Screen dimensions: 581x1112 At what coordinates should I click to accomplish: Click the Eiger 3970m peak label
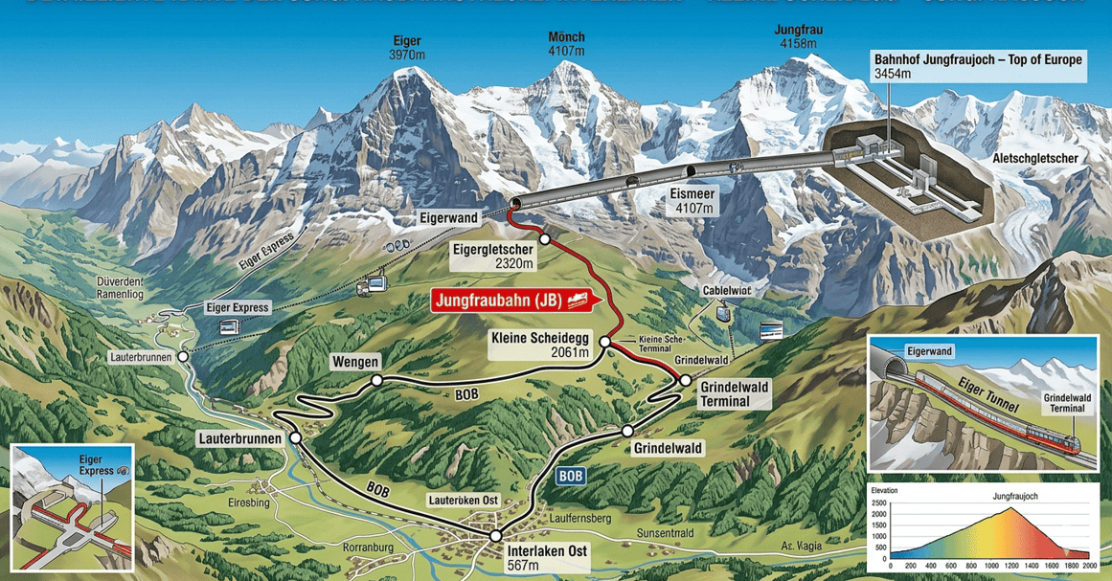(407, 48)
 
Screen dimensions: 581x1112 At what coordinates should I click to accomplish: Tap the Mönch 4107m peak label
(566, 44)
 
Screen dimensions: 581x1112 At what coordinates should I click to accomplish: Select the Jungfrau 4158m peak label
(798, 36)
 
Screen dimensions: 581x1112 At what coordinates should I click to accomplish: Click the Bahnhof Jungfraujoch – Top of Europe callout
(978, 66)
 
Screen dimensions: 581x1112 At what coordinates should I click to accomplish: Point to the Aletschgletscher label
(1041, 158)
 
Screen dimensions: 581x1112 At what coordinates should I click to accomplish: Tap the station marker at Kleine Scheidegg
(605, 342)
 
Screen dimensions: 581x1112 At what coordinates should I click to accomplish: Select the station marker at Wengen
(377, 380)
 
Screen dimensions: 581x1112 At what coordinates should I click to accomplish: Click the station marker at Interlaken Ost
(496, 537)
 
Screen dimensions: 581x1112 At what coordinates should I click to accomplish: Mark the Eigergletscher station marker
(544, 238)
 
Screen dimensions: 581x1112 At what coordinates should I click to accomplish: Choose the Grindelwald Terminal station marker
(685, 380)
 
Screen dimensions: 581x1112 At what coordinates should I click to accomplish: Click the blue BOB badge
(570, 476)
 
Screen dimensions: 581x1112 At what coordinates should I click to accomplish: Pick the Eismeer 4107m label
(692, 199)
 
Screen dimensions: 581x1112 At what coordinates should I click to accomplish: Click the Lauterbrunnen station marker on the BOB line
(295, 437)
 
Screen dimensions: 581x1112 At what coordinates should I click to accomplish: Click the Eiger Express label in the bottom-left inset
(90, 466)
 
